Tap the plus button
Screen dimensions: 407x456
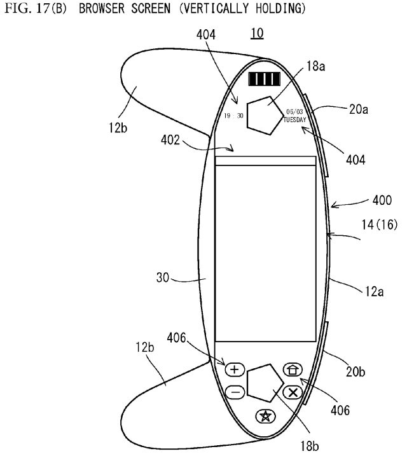235,370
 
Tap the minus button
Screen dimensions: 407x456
235,392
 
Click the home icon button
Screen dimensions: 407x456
293,370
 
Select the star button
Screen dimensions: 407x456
265,416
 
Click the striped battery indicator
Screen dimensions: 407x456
265,79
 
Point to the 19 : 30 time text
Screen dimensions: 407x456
233,116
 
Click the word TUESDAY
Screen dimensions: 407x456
295,120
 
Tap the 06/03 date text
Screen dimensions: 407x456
294,112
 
